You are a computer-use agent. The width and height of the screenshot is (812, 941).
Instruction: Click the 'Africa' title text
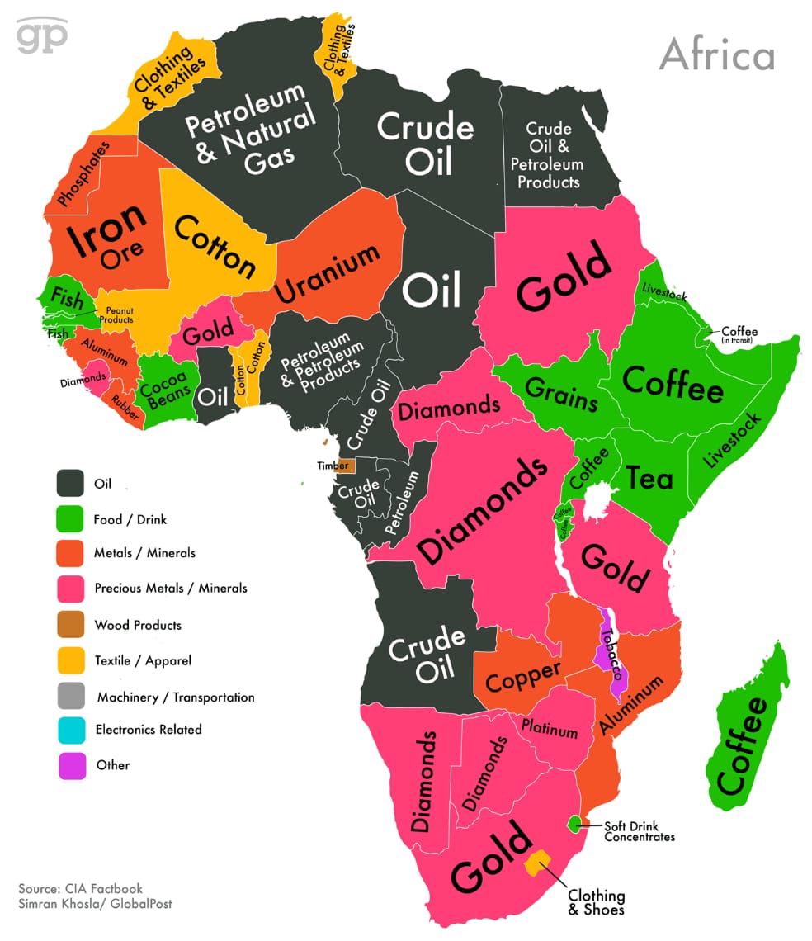tap(716, 55)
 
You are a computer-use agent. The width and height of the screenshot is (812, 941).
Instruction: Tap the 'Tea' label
tap(649, 477)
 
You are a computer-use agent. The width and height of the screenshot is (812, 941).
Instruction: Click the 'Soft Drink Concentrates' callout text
tap(639, 831)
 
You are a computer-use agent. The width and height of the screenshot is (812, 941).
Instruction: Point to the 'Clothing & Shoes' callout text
tap(596, 902)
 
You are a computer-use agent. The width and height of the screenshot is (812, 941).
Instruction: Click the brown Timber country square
tap(345, 466)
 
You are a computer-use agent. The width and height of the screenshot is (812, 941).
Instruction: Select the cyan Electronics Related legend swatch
tap(71, 730)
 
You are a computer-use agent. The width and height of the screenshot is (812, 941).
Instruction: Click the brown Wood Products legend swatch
tap(71, 625)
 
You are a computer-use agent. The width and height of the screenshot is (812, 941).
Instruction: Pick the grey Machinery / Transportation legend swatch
tap(71, 697)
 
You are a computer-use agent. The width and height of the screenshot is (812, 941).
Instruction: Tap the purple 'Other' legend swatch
tap(71, 765)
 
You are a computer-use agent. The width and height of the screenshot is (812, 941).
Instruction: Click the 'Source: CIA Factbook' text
tap(80, 889)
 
